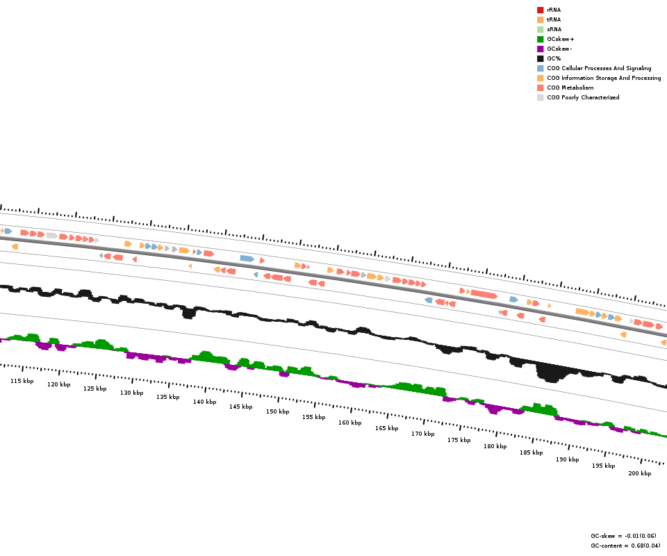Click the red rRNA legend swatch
tap(540, 10)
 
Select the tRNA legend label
tap(554, 19)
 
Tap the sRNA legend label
tap(554, 29)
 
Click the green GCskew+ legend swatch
tap(540, 39)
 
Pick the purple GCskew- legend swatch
tap(540, 49)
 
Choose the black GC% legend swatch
tap(540, 58)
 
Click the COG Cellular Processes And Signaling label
tap(599, 68)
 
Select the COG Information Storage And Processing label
tap(604, 78)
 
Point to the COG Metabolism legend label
tap(570, 88)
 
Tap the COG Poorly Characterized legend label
tap(583, 97)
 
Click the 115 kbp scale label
tap(22, 381)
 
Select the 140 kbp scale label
tap(204, 402)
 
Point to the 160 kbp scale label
tap(349, 423)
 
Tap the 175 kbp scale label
tap(459, 440)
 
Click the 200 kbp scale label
tap(639, 473)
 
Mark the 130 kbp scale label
tap(131, 393)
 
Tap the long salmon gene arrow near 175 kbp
tap(484, 295)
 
